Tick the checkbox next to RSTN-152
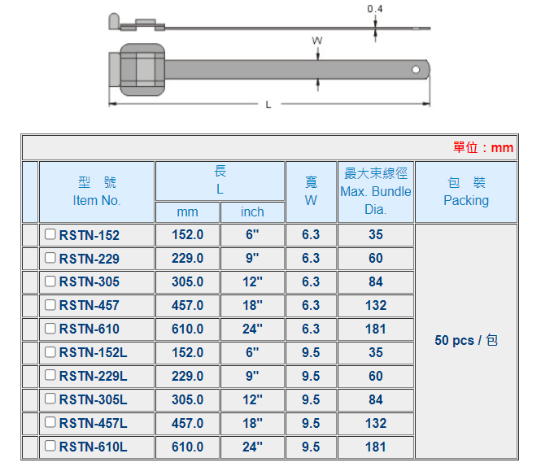(x=50, y=234)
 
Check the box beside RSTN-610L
(x=50, y=446)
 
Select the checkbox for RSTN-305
(x=50, y=281)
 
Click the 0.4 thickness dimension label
(x=375, y=9)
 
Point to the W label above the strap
(x=317, y=41)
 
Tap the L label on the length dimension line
(x=268, y=105)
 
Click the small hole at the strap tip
(x=416, y=70)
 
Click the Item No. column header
(x=97, y=200)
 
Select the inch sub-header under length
(x=252, y=212)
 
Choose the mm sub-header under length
(x=187, y=212)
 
